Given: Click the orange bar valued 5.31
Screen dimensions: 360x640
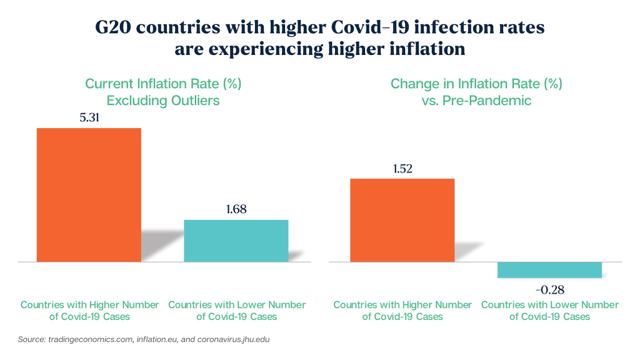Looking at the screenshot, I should [89, 194].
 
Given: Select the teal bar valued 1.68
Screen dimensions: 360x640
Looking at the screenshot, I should [236, 240].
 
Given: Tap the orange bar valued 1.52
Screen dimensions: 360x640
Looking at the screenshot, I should [402, 220].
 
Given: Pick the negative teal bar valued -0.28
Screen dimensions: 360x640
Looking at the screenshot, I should [549, 269].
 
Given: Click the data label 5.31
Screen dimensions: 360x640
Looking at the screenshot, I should [89, 117].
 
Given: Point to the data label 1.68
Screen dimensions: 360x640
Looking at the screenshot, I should [236, 209].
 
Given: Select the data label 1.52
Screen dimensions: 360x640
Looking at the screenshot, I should [402, 168].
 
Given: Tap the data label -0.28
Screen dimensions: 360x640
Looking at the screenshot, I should [549, 289].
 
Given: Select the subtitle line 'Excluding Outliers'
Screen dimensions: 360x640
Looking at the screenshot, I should [163, 100].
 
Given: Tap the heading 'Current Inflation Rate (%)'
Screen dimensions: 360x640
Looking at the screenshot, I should [163, 84].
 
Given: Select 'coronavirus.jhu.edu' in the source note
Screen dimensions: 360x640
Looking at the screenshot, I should [232, 339].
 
